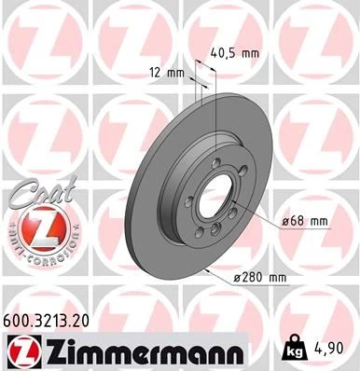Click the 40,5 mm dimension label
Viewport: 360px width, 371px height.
pos(237,54)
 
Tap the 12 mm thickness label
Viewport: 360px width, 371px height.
pos(164,72)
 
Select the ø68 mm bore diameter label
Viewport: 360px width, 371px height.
pos(306,222)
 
